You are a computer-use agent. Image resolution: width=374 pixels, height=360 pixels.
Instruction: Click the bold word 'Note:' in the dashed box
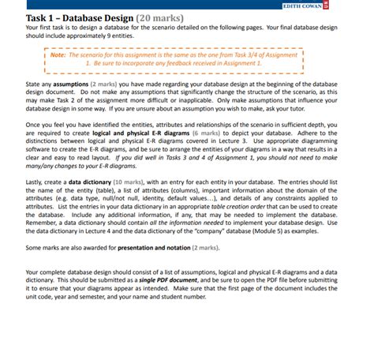(x=59, y=57)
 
